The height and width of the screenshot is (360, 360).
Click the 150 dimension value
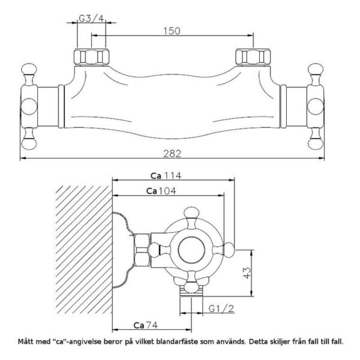tap(172, 31)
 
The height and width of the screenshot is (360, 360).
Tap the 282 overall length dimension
tap(172, 154)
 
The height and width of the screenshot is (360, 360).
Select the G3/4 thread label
tap(91, 19)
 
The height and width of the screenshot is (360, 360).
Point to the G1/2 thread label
tap(221, 308)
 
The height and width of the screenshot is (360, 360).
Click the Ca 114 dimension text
tap(166, 176)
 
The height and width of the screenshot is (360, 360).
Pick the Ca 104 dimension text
tap(161, 191)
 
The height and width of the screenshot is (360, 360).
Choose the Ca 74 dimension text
tap(146, 325)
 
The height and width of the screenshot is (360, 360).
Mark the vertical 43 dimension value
tap(247, 273)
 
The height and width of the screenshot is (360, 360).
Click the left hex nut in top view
tap(91, 57)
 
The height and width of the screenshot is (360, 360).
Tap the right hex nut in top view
tap(253, 57)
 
